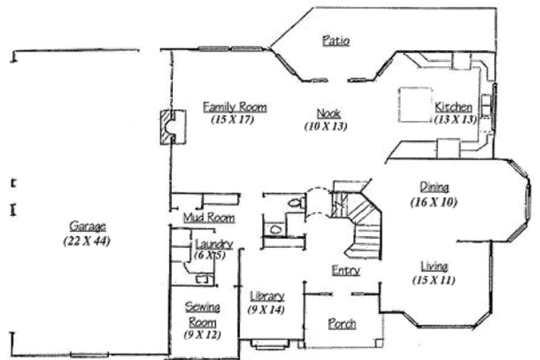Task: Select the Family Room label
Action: coord(235,107)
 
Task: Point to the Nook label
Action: coord(328,113)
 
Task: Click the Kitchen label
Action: coord(453,107)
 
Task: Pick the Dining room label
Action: coord(435,187)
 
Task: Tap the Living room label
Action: coord(435,265)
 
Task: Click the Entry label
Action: coord(345,270)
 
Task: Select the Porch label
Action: coord(342,324)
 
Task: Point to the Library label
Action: coord(267,297)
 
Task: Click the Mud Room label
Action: coord(209,217)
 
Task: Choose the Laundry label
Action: coord(214,244)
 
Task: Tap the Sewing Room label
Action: coord(202,314)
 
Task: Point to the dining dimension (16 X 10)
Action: coord(435,201)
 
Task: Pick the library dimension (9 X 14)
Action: coord(267,310)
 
